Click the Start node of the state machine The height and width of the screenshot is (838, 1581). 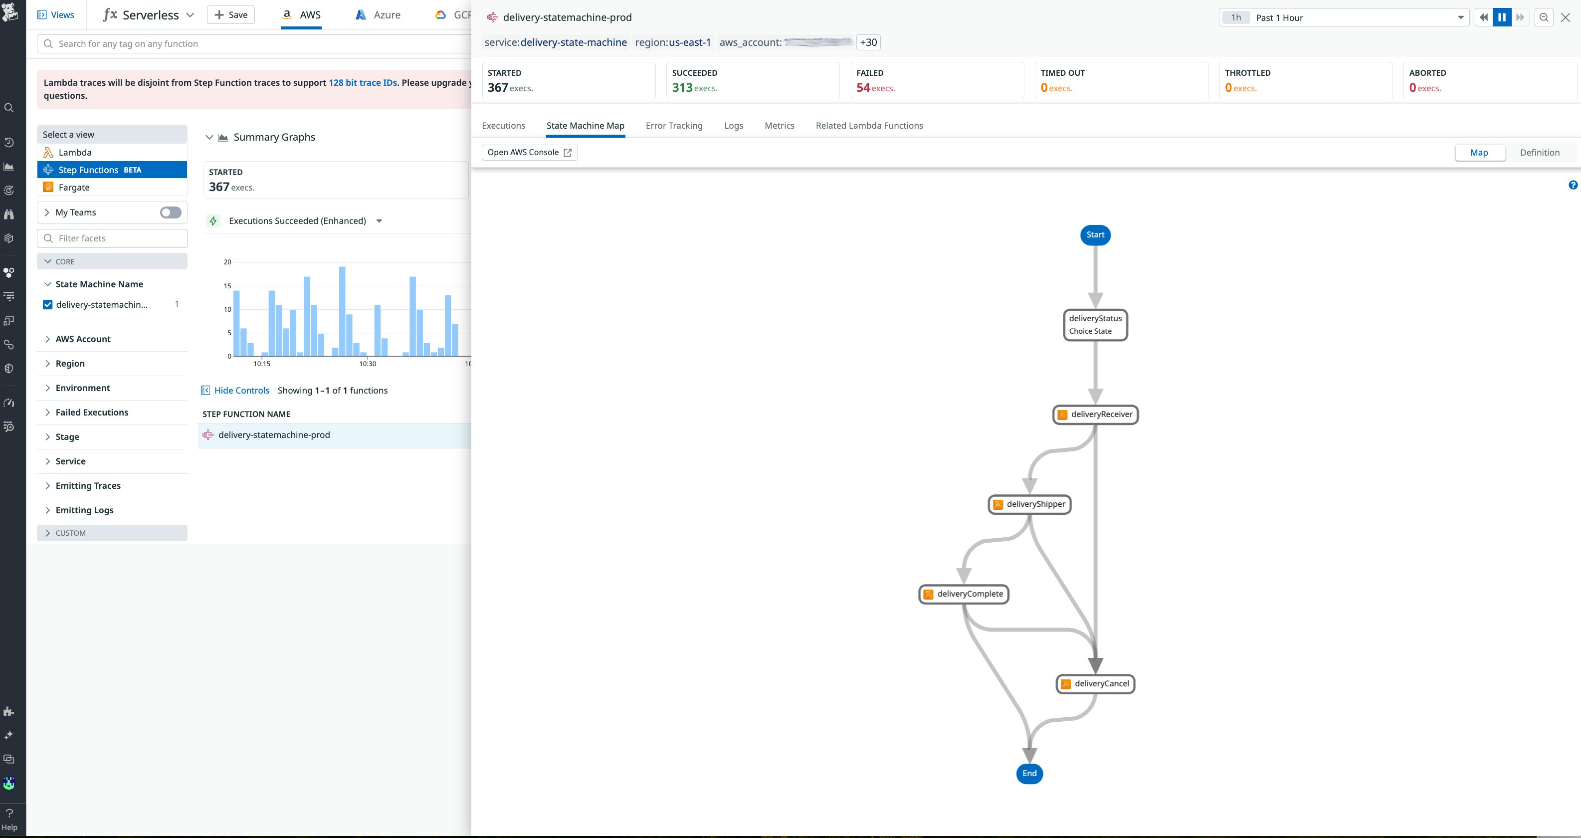click(x=1095, y=234)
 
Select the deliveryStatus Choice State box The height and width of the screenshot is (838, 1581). click(x=1095, y=325)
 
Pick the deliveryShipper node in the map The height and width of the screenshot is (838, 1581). click(x=1029, y=504)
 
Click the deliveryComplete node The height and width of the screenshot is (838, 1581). click(x=964, y=594)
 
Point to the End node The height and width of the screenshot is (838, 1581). click(x=1029, y=773)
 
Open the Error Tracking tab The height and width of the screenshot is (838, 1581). click(x=674, y=125)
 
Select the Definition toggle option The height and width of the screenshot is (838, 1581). click(x=1539, y=152)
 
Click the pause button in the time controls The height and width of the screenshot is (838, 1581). click(x=1501, y=17)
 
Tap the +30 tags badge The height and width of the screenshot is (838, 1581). click(x=868, y=42)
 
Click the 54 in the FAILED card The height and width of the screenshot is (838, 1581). click(x=863, y=88)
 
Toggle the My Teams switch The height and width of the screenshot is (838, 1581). click(x=171, y=212)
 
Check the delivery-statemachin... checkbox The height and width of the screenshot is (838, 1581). click(x=48, y=304)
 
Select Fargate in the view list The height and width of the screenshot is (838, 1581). click(x=74, y=187)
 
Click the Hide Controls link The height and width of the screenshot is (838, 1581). click(x=241, y=391)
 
